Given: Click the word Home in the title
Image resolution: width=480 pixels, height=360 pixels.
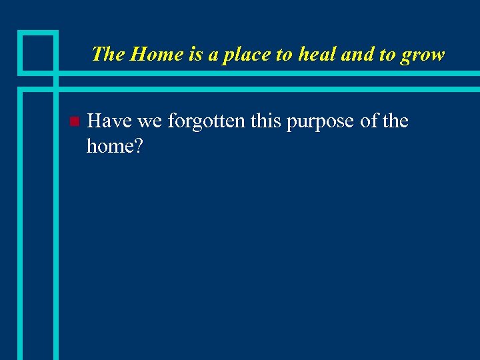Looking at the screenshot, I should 158,54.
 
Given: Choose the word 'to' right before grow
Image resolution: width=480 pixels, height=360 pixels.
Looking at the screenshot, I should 387,55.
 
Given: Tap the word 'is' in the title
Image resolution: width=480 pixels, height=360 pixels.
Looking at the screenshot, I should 195,54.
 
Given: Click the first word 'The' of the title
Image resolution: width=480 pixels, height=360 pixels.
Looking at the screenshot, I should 109,54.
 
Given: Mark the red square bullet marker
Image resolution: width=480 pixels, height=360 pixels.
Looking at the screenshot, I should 74,122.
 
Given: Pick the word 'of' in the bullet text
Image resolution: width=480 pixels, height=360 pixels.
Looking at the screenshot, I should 369,121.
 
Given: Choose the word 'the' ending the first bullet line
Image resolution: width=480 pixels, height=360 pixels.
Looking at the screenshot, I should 395,121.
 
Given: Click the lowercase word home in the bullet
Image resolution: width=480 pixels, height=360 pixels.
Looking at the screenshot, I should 109,145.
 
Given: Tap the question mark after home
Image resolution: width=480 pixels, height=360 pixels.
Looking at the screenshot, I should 138,145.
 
